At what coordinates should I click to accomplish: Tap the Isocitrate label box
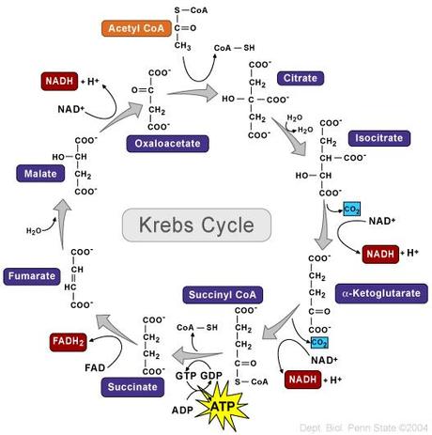[376, 138]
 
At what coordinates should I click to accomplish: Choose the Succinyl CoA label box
[219, 296]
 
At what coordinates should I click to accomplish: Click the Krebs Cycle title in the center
[197, 225]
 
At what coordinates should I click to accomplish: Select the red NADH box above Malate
[58, 81]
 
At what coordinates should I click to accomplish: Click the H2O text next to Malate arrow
[33, 230]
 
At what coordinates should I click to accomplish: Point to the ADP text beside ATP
[182, 410]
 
